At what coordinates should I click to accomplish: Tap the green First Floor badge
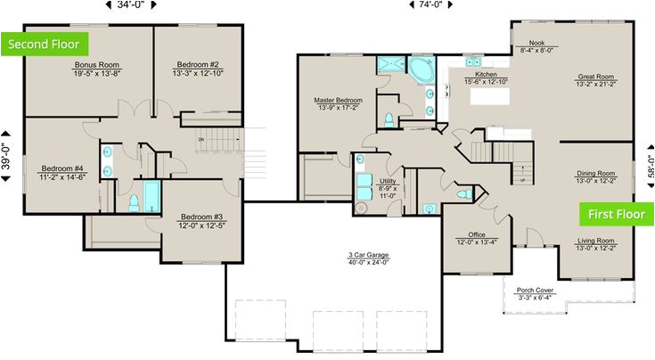616,214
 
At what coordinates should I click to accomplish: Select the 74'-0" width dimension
430,5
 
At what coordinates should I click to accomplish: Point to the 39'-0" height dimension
7,151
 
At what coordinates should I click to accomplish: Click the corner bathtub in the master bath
420,69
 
